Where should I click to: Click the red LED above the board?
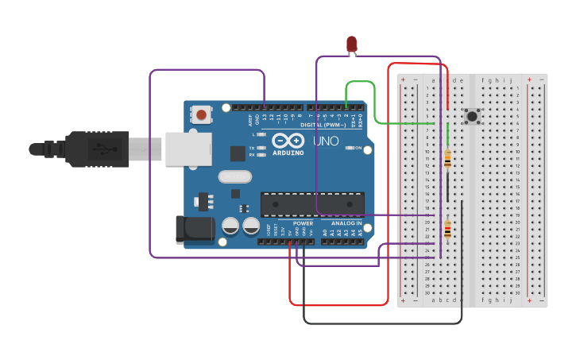point(352,44)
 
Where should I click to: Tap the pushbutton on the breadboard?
point(473,116)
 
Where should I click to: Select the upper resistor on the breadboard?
point(447,159)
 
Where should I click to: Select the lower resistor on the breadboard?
point(447,230)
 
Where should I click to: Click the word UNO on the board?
point(325,141)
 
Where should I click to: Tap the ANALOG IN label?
point(346,223)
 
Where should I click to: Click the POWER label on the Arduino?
point(303,223)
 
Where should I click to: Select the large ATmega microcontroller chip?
point(313,203)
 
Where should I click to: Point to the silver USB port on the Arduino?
point(188,149)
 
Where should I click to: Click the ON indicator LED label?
point(358,148)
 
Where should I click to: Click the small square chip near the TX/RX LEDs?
point(238,153)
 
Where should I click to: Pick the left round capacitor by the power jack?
point(230,226)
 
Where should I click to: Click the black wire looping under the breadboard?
point(381,323)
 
